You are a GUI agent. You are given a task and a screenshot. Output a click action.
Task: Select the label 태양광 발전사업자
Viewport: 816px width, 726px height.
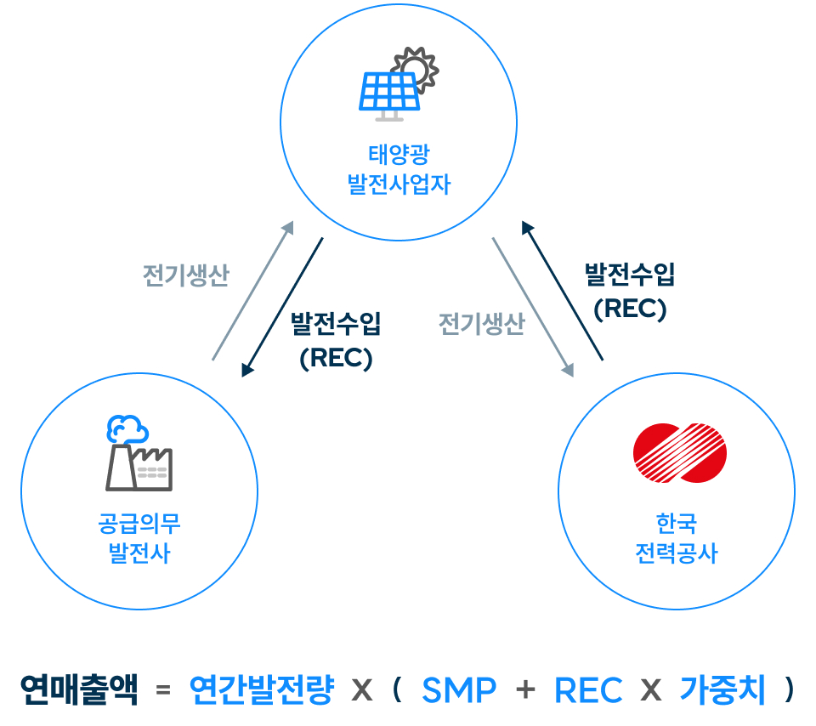[399, 169]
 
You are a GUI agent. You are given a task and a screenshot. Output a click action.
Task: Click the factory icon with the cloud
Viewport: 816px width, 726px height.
[139, 453]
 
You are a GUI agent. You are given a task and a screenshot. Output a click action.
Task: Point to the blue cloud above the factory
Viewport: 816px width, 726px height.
[127, 428]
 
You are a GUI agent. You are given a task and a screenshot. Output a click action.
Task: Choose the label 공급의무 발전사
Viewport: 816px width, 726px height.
[139, 538]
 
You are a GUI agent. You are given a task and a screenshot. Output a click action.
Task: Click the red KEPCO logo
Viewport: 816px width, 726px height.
[680, 453]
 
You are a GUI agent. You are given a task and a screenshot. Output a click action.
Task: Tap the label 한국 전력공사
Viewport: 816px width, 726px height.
[677, 538]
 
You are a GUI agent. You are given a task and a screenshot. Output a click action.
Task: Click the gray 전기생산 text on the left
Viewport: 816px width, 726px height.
[186, 275]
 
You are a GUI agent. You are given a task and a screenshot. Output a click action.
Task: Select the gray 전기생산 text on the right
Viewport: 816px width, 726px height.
[482, 324]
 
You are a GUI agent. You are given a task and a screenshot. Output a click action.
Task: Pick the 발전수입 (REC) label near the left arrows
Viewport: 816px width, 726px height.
[336, 340]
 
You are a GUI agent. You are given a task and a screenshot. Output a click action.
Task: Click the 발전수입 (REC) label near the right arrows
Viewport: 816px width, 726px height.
[630, 292]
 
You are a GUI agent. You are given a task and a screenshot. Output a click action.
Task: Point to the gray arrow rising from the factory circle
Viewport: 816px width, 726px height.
[253, 291]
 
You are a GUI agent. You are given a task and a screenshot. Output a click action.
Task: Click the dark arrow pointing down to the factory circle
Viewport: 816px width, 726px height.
[282, 307]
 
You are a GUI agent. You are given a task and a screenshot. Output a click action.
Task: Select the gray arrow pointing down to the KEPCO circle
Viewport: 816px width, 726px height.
[534, 307]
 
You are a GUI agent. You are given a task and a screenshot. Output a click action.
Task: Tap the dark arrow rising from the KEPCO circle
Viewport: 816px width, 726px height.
[563, 291]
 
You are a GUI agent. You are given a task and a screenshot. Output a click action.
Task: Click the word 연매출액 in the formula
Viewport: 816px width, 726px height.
[79, 689]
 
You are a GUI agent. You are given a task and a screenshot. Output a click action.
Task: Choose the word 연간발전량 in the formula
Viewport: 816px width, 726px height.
[261, 689]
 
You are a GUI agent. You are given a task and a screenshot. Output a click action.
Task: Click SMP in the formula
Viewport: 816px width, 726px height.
[459, 690]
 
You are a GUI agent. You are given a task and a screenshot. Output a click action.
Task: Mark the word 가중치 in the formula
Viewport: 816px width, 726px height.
[722, 689]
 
